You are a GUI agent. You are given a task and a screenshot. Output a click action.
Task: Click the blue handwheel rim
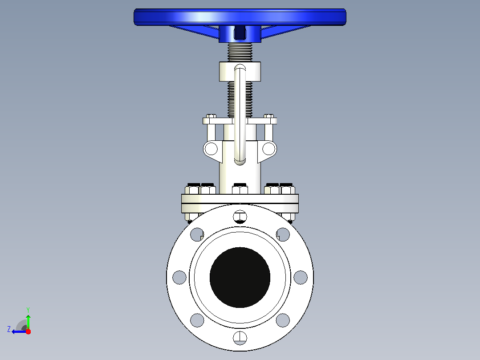[240, 17]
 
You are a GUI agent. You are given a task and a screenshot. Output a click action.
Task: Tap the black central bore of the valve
[240, 277]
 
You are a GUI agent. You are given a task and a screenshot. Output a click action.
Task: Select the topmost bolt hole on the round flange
[240, 217]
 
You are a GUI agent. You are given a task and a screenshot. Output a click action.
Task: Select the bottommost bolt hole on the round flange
[240, 338]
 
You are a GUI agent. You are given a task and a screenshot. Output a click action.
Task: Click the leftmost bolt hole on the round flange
[179, 277]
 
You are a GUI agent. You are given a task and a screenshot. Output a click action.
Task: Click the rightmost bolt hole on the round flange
[301, 277]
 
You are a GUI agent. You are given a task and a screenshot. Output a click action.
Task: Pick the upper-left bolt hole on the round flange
[197, 234]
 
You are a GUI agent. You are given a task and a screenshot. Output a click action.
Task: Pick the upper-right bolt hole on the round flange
[283, 234]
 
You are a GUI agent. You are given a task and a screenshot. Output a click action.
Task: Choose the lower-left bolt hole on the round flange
[197, 320]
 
